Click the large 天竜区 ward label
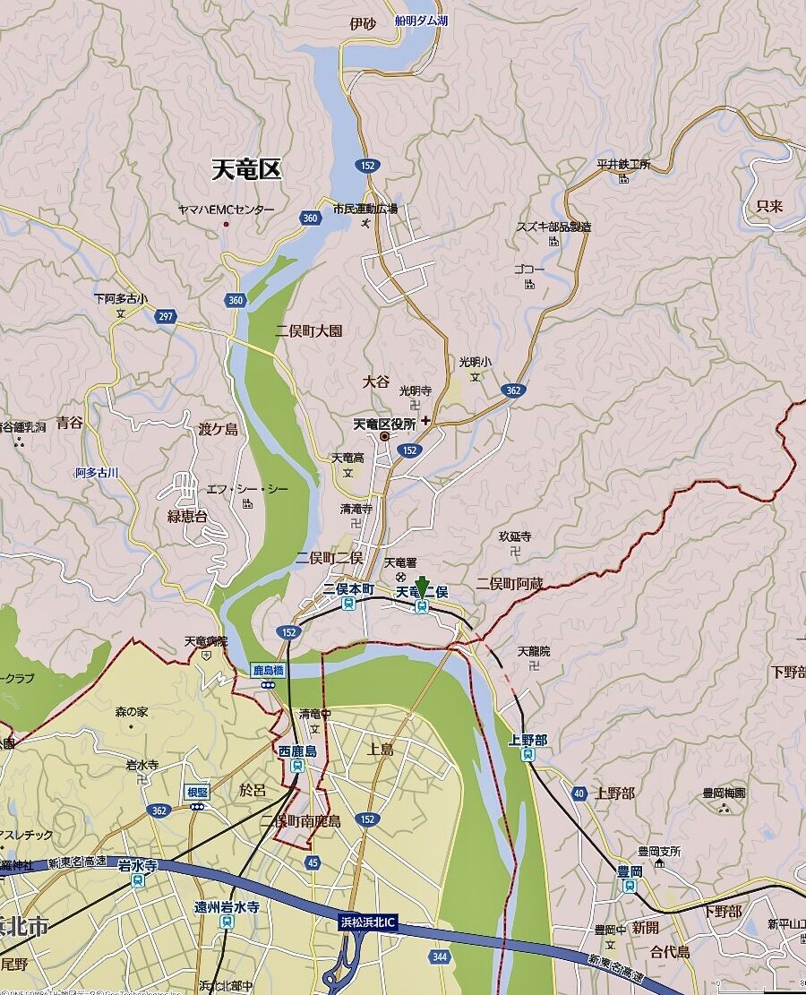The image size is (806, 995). [x=246, y=169]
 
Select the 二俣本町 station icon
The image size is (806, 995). [x=348, y=605]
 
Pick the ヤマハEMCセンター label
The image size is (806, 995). [x=226, y=210]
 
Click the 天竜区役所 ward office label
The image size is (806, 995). [x=384, y=423]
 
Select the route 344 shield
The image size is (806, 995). [x=438, y=957]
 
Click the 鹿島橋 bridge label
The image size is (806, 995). [x=267, y=669]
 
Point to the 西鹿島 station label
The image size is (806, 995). [x=297, y=751]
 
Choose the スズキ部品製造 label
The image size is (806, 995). [x=553, y=227]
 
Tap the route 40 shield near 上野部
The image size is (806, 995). [x=579, y=793]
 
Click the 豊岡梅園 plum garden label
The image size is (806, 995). [x=724, y=793]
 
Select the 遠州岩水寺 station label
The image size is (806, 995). [x=227, y=907]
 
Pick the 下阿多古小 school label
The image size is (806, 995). [x=121, y=298]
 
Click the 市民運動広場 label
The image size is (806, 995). [x=364, y=209]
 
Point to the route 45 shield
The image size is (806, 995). [x=312, y=862]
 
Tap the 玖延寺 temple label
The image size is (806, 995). [x=515, y=536]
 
